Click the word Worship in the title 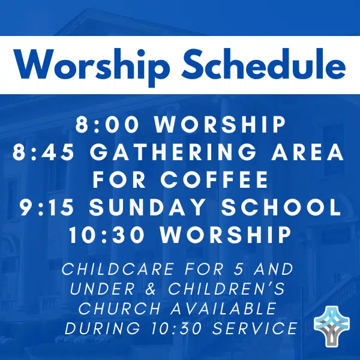tap(92, 65)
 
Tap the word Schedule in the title tap(264, 64)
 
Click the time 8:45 tap(43, 152)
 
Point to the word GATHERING tap(173, 152)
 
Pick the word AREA tap(308, 152)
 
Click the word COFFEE tap(214, 179)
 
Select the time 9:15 tap(47, 208)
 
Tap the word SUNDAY tap(147, 208)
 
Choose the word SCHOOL tap(281, 208)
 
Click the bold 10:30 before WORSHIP tap(107, 235)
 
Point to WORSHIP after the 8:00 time tap(220, 125)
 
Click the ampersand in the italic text tap(151, 289)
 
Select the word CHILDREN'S tap(227, 289)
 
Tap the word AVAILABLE tap(223, 308)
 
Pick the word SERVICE tap(255, 328)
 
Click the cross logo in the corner tap(332, 326)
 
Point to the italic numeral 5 tap(238, 269)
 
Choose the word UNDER tap(102, 289)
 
